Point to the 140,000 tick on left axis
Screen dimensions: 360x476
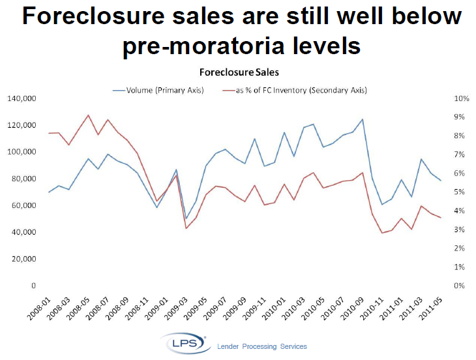[x=22, y=98]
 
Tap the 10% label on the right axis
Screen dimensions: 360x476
[x=462, y=98]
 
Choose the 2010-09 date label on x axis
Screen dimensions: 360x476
[x=355, y=307]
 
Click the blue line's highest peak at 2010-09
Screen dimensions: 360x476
[x=363, y=119]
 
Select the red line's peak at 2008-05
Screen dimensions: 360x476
[x=88, y=115]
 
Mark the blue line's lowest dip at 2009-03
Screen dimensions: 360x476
[x=186, y=218]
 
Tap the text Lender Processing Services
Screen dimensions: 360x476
[x=261, y=346]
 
